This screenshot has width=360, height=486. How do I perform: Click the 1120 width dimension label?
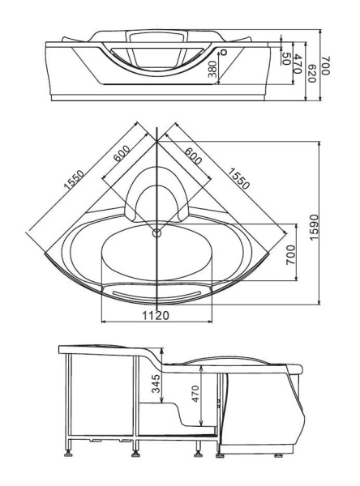click(x=156, y=315)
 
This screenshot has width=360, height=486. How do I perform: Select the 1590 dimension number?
click(x=314, y=227)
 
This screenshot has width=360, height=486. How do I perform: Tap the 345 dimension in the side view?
click(x=156, y=384)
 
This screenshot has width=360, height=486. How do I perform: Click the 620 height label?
click(x=311, y=74)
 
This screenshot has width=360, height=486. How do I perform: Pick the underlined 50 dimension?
click(x=285, y=58)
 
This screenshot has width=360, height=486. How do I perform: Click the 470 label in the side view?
click(x=195, y=394)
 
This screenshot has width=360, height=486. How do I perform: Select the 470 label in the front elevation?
click(x=298, y=63)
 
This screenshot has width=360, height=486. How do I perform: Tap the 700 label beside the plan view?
click(x=290, y=254)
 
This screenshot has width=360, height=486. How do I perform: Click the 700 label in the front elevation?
click(x=324, y=65)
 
